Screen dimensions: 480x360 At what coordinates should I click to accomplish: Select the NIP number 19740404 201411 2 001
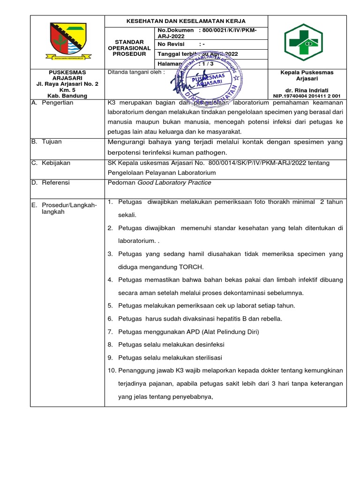(x=310, y=96)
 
